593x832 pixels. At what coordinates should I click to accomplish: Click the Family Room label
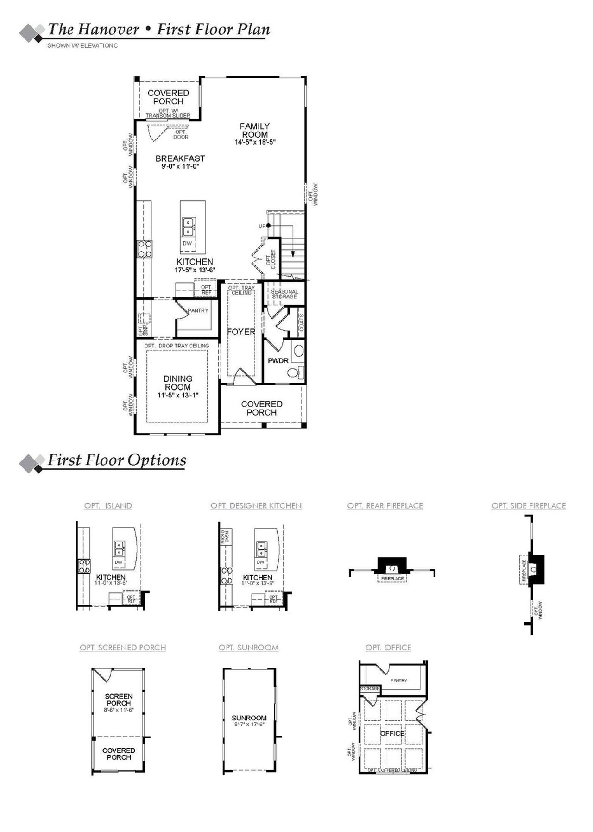255,130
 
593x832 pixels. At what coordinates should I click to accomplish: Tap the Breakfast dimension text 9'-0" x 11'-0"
180,166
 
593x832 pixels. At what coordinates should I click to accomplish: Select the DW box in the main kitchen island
187,243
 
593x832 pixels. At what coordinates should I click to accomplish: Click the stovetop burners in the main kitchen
145,249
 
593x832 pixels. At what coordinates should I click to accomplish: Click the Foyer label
241,332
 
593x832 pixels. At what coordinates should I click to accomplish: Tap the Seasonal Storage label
284,294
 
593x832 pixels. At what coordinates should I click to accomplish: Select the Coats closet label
301,322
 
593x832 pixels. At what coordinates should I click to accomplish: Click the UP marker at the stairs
262,226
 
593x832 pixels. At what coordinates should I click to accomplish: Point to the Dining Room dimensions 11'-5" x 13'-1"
178,395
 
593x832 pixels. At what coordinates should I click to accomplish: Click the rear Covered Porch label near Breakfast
168,97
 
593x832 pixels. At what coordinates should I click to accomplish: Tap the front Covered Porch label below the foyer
262,408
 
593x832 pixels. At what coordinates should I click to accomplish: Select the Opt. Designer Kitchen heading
256,505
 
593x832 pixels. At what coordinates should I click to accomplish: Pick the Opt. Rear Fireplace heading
385,505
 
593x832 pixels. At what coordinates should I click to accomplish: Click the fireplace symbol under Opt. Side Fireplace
534,569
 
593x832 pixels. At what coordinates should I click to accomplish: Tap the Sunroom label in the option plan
249,718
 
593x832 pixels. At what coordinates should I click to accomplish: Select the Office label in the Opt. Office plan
392,733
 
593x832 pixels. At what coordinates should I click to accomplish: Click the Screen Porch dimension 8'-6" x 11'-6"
119,709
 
